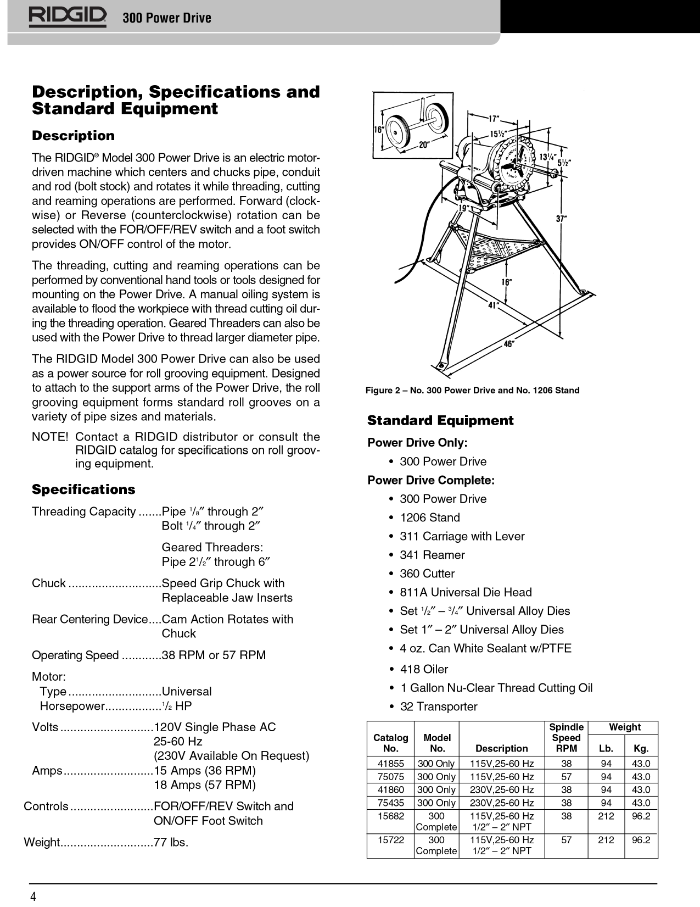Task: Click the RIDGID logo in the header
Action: pos(68,18)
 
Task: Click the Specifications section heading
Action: pos(83,489)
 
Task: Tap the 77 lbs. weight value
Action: pos(171,842)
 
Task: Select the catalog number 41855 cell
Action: pos(391,764)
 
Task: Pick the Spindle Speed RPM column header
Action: pos(566,738)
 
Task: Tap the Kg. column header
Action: pos(641,748)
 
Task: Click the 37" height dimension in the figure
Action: pos(561,218)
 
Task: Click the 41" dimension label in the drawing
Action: pos(494,305)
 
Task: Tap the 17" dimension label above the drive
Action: pos(494,119)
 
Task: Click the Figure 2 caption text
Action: pos(472,390)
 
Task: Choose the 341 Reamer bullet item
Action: pos(432,555)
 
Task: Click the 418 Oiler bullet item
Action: pos(424,669)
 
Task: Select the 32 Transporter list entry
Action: pos(439,706)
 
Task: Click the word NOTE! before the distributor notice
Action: pos(50,437)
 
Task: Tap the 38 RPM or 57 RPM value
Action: pos(214,655)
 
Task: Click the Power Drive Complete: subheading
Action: pos(431,480)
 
